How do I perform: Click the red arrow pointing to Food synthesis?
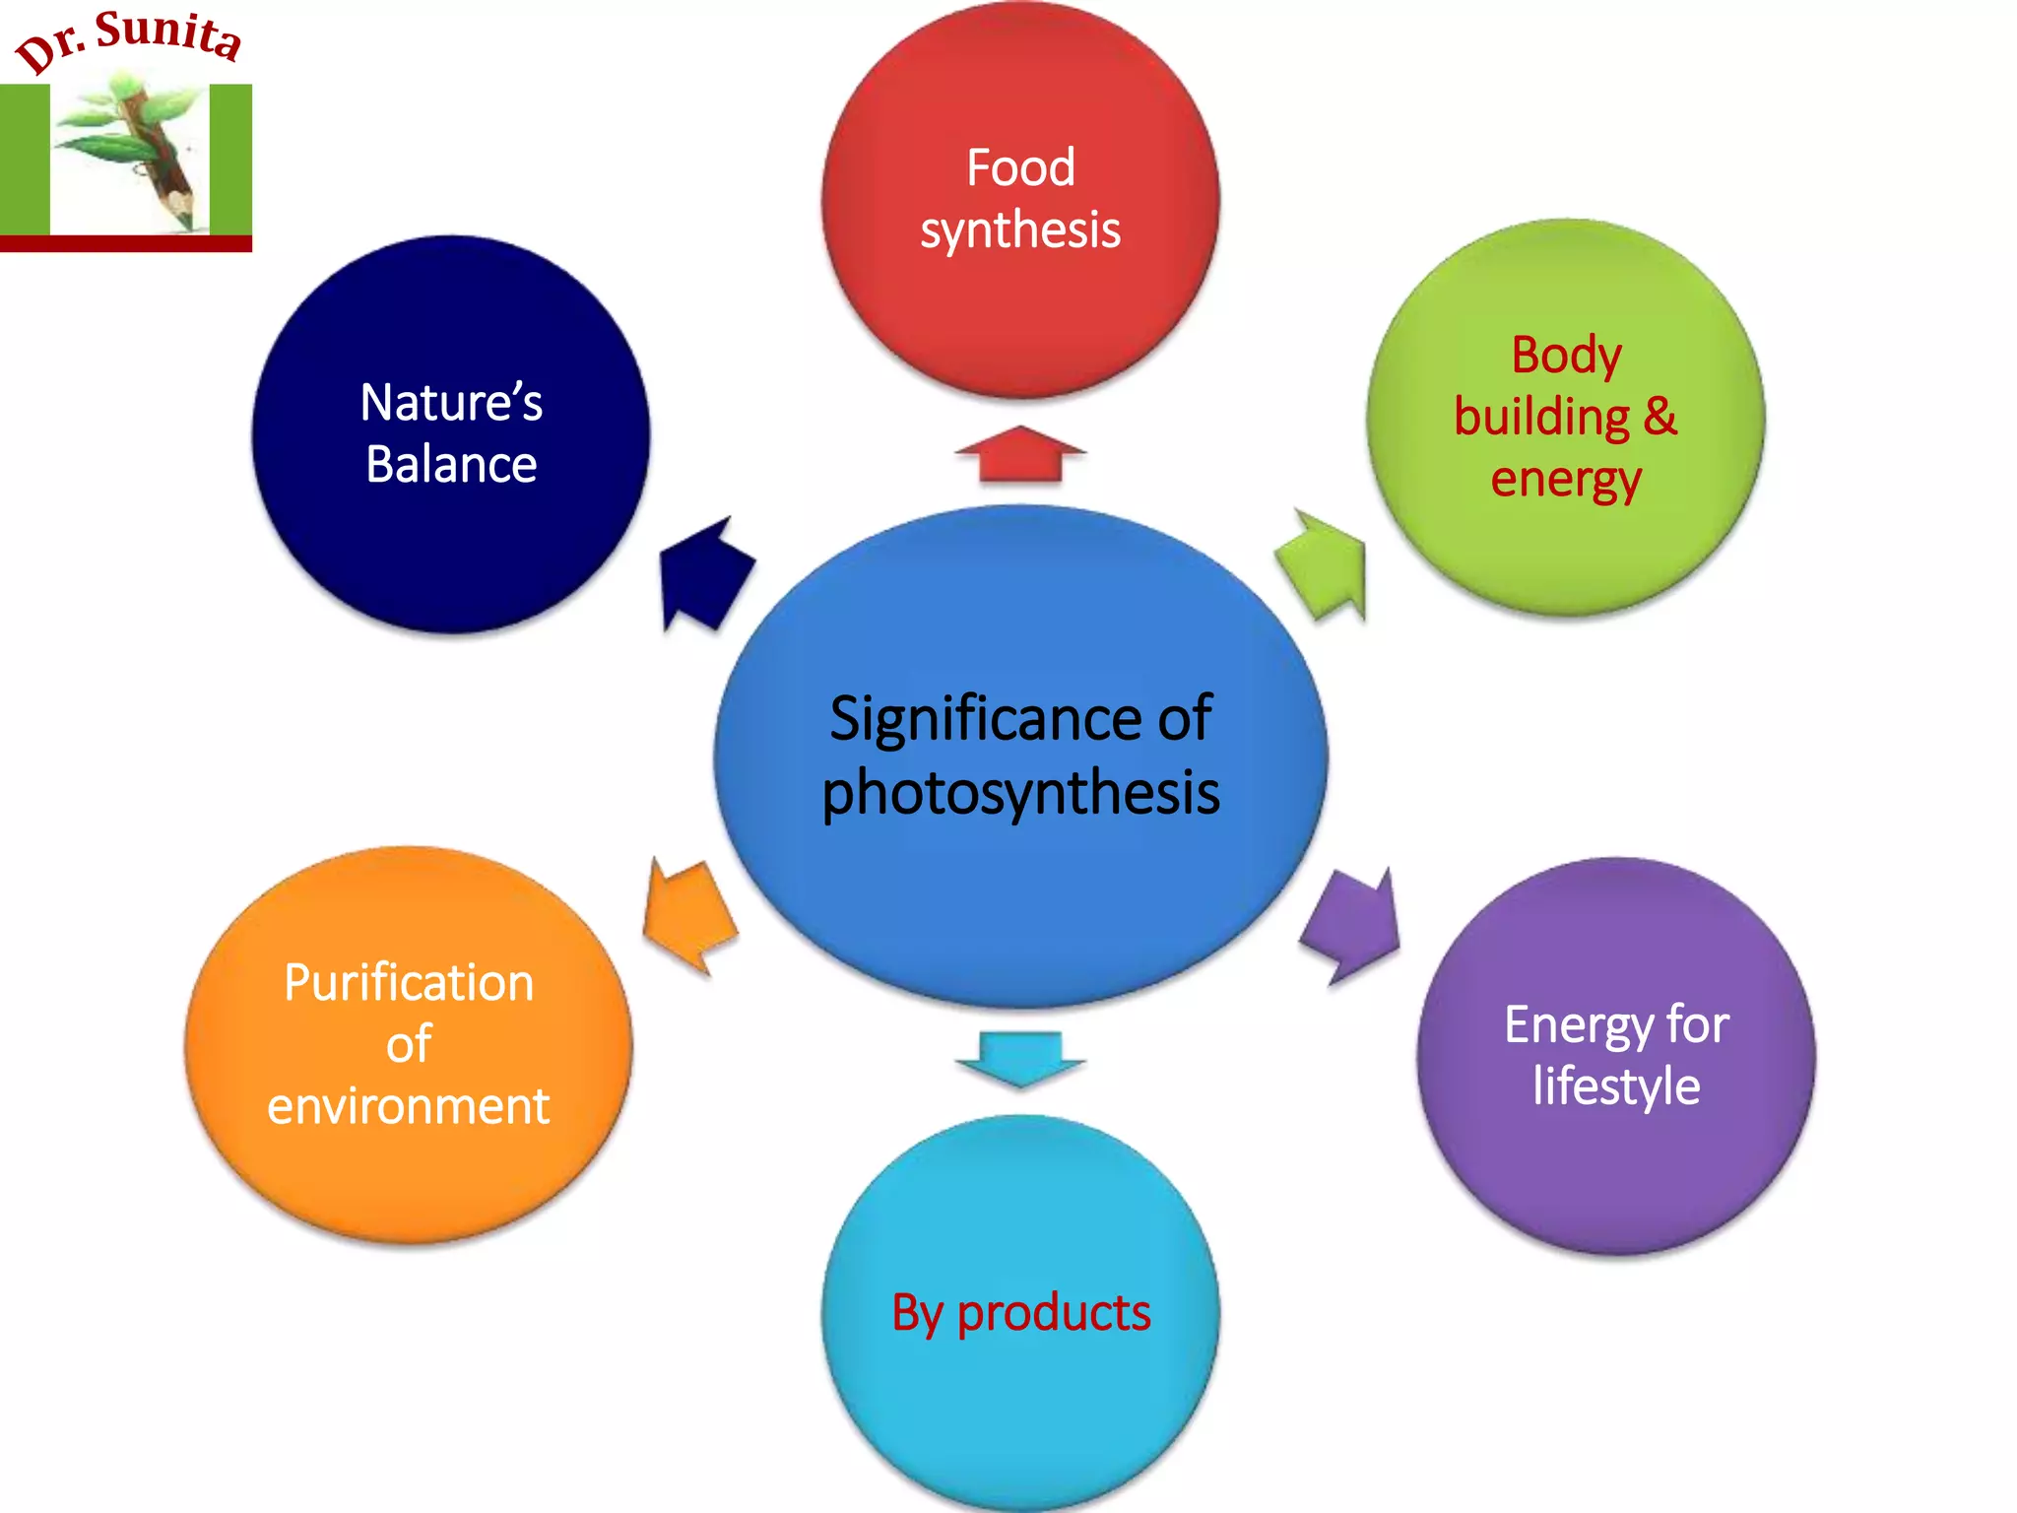coord(1020,456)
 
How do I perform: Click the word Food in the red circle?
coord(1020,167)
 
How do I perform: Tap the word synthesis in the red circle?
coord(1020,230)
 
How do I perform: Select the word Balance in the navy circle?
coord(451,464)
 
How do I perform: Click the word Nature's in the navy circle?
coord(451,402)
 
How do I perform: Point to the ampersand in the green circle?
coord(1659,416)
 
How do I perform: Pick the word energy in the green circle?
coord(1566,479)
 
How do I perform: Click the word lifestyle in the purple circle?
coord(1616,1085)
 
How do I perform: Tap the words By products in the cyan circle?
coord(1020,1313)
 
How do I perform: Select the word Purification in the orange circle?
coord(409,982)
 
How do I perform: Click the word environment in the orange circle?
coord(409,1105)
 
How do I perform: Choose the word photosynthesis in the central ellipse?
coord(1020,792)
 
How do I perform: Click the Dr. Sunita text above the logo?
coord(128,39)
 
